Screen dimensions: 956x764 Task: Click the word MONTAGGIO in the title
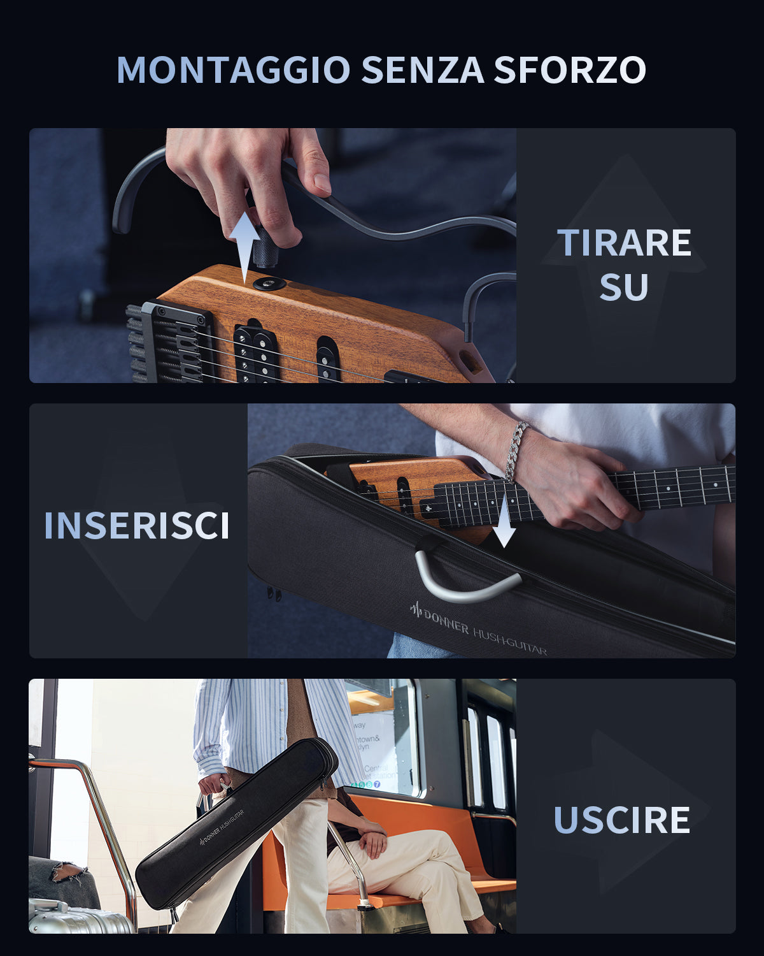point(233,70)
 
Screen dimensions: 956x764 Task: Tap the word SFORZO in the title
point(570,70)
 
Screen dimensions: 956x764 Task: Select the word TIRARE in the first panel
point(624,243)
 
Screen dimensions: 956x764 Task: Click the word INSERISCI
point(137,526)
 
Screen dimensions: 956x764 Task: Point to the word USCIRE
point(622,820)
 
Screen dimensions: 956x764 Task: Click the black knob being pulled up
point(265,251)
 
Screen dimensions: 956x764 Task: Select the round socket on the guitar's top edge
point(269,283)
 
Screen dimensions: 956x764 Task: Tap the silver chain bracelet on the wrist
point(516,450)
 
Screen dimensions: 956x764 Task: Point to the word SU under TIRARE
point(624,287)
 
